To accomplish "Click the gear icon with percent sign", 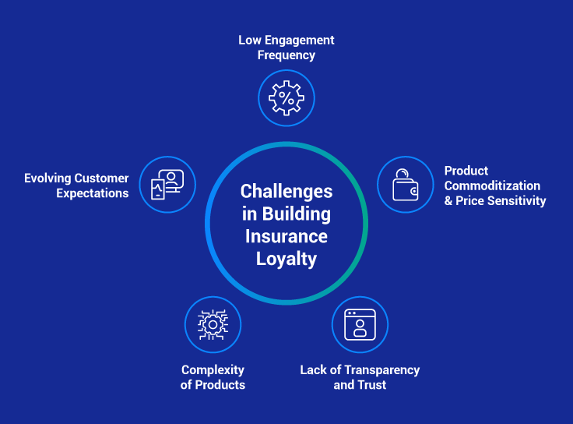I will coord(286,98).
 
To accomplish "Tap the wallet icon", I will coord(406,185).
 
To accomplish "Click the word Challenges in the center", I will coord(286,191).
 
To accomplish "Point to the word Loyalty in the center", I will coord(286,259).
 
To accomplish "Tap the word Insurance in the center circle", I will coord(286,236).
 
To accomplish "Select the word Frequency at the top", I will coord(286,55).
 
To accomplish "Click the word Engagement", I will coord(300,40).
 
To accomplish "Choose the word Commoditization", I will coord(492,185).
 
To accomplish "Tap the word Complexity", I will coord(213,369).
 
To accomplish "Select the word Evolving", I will coord(48,178).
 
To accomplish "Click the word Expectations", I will coord(93,193).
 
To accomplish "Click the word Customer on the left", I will coord(103,178).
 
